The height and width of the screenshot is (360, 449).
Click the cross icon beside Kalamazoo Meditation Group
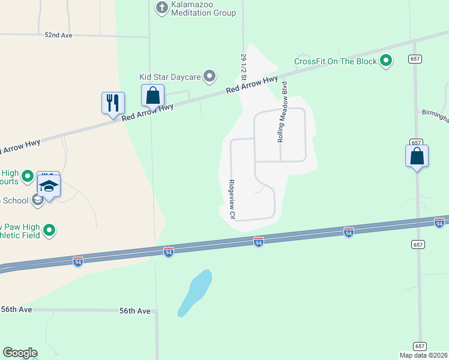point(161,8)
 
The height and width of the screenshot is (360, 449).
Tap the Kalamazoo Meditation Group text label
point(203,8)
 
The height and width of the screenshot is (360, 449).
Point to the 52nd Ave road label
point(58,35)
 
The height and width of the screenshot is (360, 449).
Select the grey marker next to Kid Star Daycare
point(209,76)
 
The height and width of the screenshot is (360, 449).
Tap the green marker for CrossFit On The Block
point(387,61)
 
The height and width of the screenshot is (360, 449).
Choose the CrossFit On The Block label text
point(336,61)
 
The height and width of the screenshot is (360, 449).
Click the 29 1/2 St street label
point(244,67)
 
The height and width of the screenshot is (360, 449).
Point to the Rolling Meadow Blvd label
point(282,112)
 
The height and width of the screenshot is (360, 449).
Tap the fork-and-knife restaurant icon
point(113,103)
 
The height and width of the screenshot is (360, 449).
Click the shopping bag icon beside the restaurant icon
point(153,95)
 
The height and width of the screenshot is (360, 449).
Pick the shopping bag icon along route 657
point(417,157)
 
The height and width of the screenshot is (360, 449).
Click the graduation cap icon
point(49,185)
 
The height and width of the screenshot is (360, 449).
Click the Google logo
point(20,353)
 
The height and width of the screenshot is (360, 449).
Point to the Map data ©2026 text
point(424,355)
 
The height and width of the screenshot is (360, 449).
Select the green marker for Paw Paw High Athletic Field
point(50,230)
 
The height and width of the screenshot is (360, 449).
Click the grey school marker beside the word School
point(38,200)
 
